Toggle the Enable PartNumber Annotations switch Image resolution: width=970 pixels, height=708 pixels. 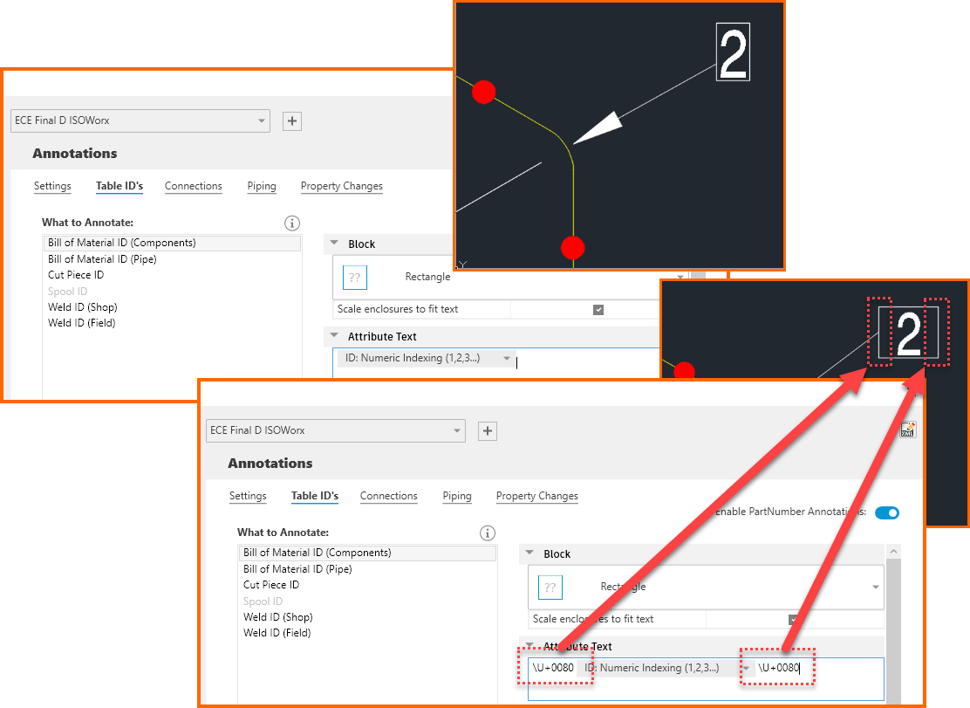click(x=886, y=512)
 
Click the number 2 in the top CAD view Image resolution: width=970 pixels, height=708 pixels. click(x=733, y=53)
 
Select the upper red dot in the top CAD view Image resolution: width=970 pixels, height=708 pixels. click(x=483, y=92)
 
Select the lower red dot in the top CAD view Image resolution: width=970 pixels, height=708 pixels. click(x=571, y=248)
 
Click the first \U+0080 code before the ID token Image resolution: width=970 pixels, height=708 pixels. click(x=553, y=668)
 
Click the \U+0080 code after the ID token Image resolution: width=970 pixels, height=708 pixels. click(x=778, y=668)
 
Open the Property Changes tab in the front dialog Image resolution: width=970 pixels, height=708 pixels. click(x=536, y=496)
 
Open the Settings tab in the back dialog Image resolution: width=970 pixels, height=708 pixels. click(x=52, y=186)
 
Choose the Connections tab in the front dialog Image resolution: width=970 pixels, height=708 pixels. click(x=388, y=496)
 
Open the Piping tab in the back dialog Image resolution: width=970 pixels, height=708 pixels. click(x=261, y=186)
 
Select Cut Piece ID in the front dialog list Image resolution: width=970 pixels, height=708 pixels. click(x=270, y=585)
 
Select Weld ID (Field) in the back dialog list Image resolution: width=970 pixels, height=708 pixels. click(x=81, y=323)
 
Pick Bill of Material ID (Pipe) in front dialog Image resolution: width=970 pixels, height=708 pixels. click(x=297, y=569)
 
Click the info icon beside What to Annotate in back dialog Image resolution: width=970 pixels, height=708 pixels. click(x=292, y=223)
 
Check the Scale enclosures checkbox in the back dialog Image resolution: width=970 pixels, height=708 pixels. click(x=598, y=309)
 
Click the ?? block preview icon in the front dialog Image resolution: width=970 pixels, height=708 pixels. click(x=550, y=588)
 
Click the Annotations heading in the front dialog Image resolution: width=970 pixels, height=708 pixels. click(x=270, y=464)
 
